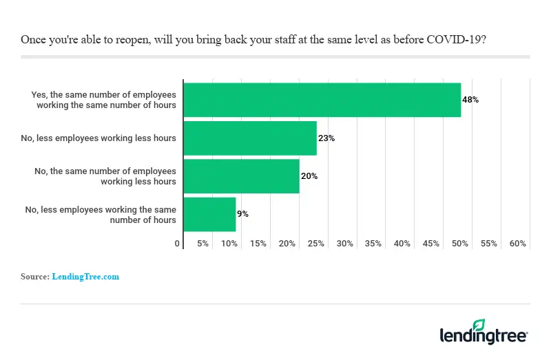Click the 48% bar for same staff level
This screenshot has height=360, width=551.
(322, 100)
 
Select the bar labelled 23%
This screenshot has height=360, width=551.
(250, 138)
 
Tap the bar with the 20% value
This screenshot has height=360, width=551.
(241, 176)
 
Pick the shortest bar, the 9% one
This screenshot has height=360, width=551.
(209, 215)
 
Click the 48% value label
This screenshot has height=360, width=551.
(470, 100)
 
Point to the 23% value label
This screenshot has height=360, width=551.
(326, 138)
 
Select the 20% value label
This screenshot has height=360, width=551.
(309, 176)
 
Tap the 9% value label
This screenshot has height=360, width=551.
(242, 214)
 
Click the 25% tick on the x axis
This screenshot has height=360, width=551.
(316, 244)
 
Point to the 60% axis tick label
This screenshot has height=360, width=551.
(518, 244)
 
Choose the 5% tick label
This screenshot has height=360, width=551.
(203, 244)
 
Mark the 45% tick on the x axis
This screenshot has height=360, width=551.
(431, 244)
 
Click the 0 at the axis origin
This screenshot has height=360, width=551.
(178, 244)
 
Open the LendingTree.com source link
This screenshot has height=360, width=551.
(85, 277)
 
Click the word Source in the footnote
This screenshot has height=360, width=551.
(35, 277)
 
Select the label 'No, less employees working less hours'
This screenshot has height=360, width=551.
(98, 138)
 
